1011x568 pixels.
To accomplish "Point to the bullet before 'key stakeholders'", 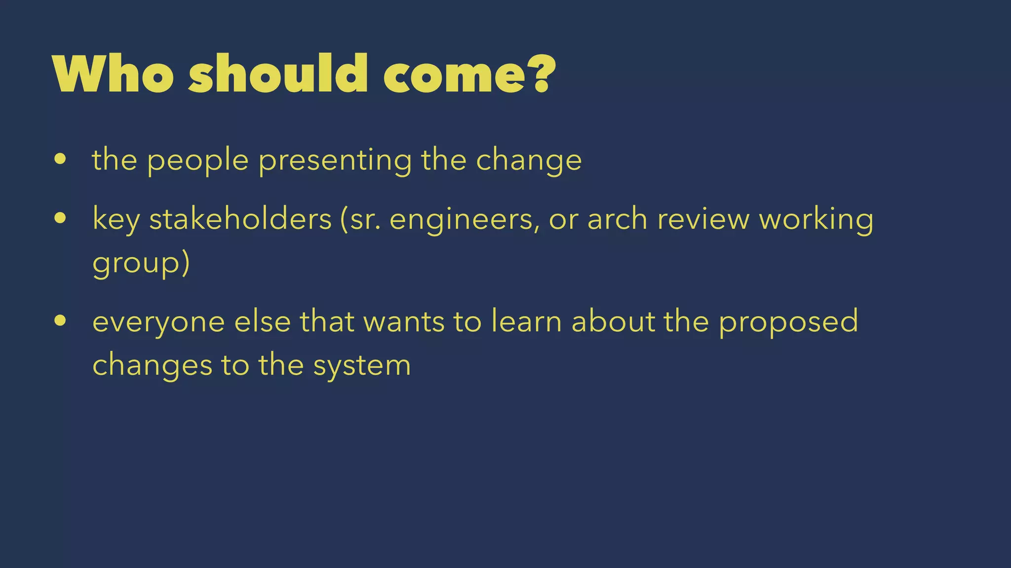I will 60,218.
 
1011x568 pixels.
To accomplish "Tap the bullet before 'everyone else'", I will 60,321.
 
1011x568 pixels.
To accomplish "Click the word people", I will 197,161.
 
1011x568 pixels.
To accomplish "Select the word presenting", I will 335,161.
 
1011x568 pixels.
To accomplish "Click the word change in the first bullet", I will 529,161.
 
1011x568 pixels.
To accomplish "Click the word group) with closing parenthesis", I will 141,263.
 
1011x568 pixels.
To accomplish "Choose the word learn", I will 526,321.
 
